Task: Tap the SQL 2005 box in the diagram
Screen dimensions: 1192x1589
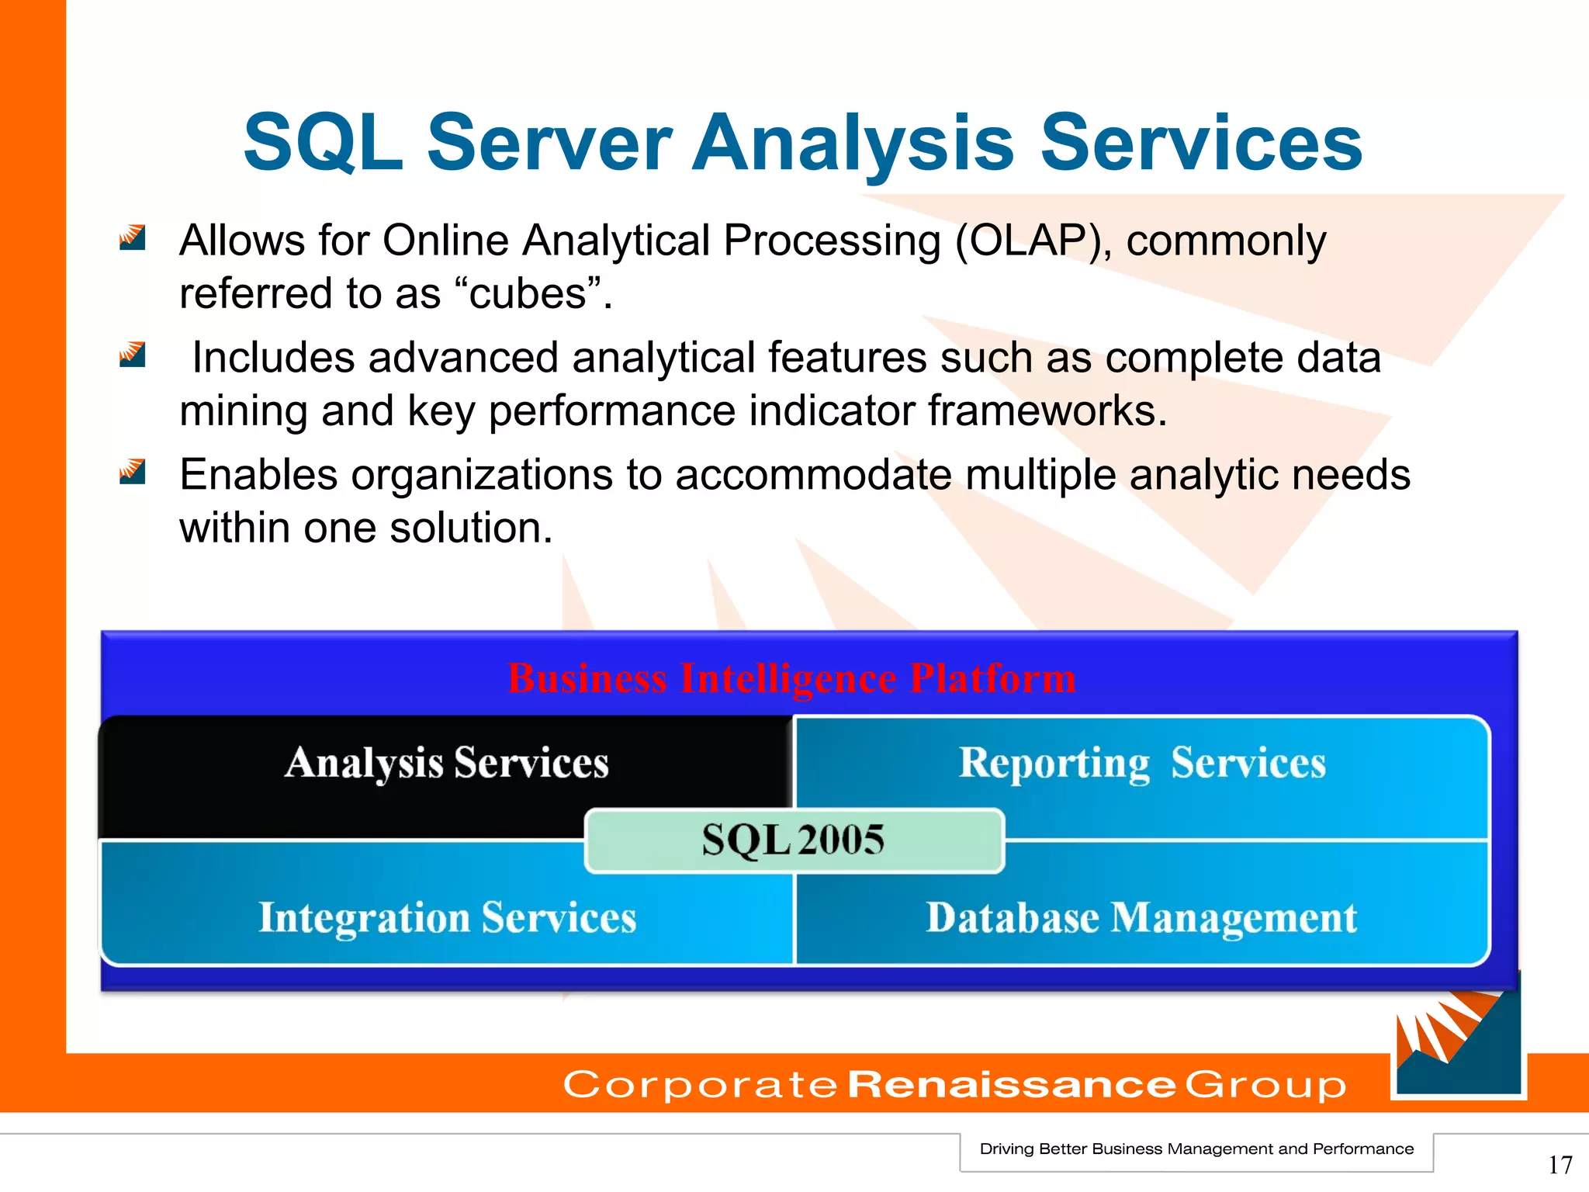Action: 794,840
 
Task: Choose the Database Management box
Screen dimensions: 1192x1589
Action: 1141,918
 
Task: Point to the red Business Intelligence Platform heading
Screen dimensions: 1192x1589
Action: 791,678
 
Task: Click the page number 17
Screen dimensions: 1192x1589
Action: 1560,1165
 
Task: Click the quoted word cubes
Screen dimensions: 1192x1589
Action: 527,294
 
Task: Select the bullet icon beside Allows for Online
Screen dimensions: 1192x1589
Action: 132,237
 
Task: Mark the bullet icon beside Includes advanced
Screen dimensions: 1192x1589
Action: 132,355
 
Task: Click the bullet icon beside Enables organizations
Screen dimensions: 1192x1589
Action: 132,471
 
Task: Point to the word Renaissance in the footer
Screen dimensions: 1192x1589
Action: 1012,1084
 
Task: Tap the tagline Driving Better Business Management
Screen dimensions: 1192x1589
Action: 1196,1149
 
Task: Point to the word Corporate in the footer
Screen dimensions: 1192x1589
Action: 700,1084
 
